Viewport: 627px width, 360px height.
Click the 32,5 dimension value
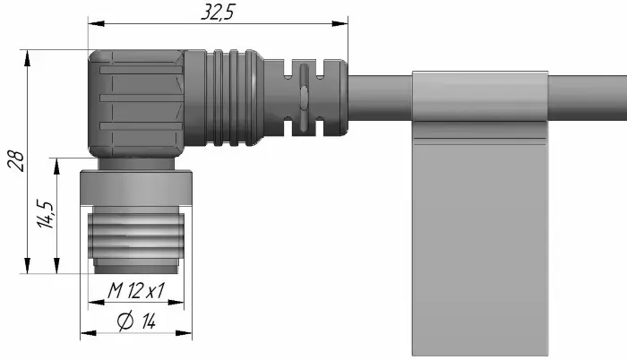(x=218, y=12)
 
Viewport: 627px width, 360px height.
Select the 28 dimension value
(x=16, y=161)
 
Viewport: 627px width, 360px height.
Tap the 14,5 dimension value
(x=45, y=214)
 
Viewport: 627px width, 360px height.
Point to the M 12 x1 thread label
(x=136, y=290)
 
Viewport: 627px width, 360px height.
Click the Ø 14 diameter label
(x=136, y=321)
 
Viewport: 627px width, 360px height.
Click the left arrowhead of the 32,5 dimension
(x=97, y=23)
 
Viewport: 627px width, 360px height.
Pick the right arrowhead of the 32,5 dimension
(x=339, y=23)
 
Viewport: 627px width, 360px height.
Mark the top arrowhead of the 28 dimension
(x=27, y=58)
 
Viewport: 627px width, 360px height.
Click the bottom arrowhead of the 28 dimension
(x=27, y=266)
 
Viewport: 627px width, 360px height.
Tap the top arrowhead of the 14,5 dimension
(x=56, y=167)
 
